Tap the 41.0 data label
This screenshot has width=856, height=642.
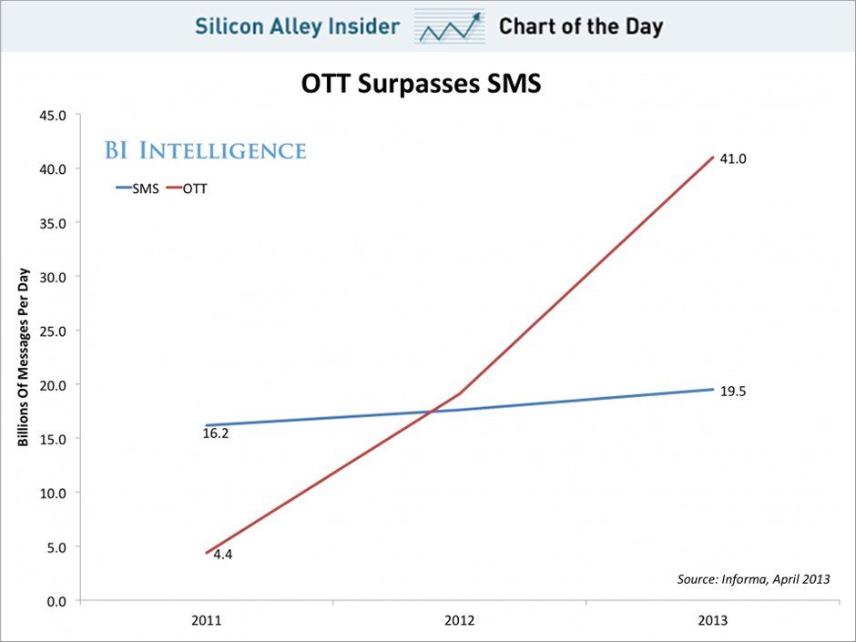(x=733, y=158)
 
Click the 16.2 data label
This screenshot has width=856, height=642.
(x=216, y=434)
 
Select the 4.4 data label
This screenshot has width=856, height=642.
(x=224, y=554)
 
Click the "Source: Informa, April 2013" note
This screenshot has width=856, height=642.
(x=753, y=579)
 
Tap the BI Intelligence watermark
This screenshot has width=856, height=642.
(x=205, y=150)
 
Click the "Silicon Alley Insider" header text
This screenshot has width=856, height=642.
(x=297, y=26)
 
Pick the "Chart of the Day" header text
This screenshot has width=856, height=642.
(x=580, y=26)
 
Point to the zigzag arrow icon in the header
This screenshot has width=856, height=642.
(x=449, y=26)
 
